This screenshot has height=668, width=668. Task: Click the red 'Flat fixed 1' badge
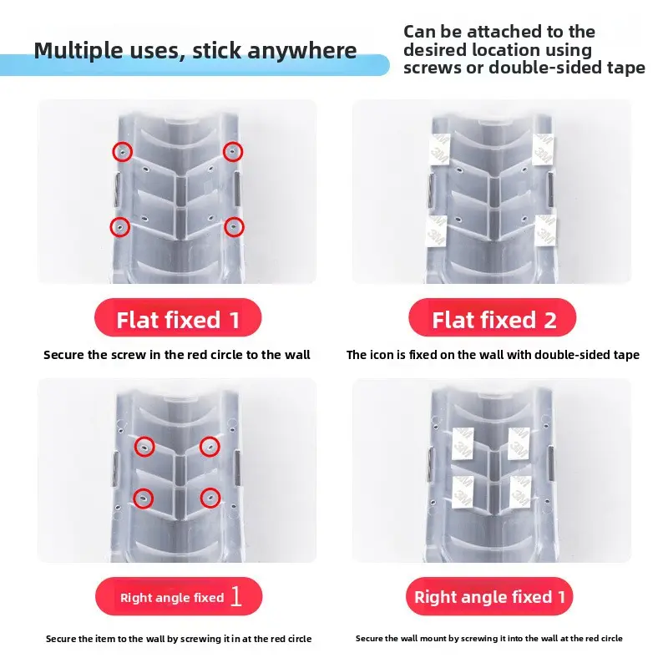tap(178, 317)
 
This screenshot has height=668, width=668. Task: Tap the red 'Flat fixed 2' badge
tap(492, 317)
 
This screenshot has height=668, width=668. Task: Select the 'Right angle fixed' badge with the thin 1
tap(179, 596)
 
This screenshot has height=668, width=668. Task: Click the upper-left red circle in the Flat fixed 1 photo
tap(122, 152)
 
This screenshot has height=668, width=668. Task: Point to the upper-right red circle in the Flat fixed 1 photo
tap(233, 152)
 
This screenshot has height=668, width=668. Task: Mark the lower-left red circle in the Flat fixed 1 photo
tap(120, 227)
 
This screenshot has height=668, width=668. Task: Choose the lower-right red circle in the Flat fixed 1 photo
tap(234, 227)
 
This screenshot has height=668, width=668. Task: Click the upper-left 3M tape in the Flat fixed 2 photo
tap(438, 149)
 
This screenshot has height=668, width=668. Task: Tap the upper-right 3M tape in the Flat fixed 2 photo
tap(544, 149)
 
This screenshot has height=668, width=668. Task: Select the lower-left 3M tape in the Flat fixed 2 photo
tap(436, 231)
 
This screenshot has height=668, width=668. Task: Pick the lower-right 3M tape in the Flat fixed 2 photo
tap(546, 230)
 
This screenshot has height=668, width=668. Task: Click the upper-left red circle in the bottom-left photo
tap(144, 447)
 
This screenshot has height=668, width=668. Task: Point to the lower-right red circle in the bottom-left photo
tap(210, 498)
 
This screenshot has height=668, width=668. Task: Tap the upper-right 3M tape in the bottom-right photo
tap(519, 444)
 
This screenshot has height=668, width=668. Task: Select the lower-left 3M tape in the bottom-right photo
tap(463, 492)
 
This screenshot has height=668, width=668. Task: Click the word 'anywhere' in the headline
tap(301, 51)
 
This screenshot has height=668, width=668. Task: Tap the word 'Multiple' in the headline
tap(78, 51)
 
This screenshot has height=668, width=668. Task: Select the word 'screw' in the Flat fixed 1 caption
tap(129, 355)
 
